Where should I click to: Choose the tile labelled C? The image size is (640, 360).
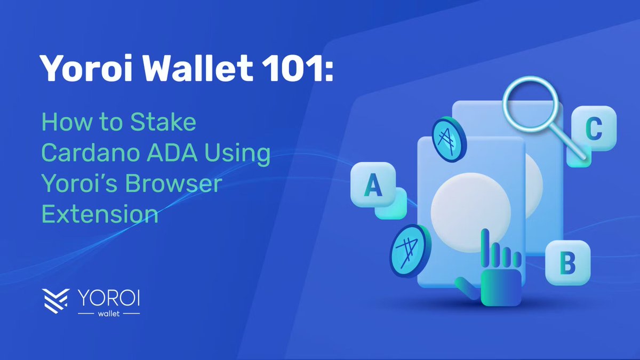[594, 128]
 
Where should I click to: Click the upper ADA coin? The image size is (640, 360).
[449, 138]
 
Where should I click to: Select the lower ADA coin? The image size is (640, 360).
[409, 250]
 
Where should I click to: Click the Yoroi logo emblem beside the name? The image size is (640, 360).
[56, 300]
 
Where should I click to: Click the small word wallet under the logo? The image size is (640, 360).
[109, 314]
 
